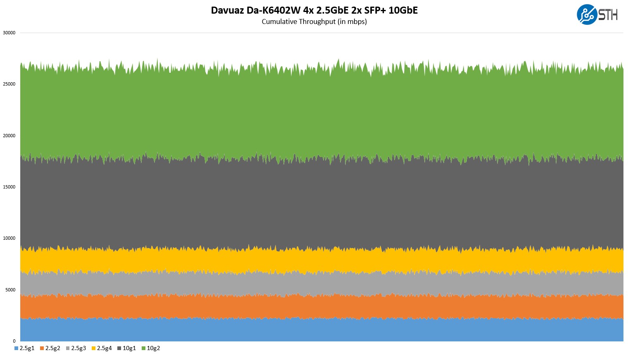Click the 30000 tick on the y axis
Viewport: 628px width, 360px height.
[x=9, y=33]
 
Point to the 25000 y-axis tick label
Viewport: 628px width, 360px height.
[x=9, y=84]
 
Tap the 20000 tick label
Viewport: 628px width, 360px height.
[x=9, y=136]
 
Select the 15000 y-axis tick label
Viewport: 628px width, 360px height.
[x=9, y=187]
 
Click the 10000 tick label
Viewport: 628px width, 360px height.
[x=9, y=238]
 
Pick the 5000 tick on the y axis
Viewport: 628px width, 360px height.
[x=10, y=290]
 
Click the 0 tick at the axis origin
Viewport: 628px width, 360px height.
[x=14, y=341]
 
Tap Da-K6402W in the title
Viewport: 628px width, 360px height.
[x=274, y=10]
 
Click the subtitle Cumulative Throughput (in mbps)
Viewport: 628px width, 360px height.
[x=314, y=21]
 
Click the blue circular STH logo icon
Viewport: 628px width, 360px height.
[x=587, y=14]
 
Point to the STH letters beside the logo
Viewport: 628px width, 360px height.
[x=608, y=15]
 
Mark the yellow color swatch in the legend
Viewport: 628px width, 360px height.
[x=94, y=348]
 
